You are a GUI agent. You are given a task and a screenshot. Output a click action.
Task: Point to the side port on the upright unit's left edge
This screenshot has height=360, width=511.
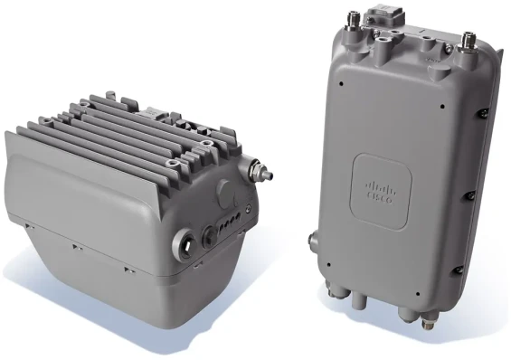click(x=314, y=242)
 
